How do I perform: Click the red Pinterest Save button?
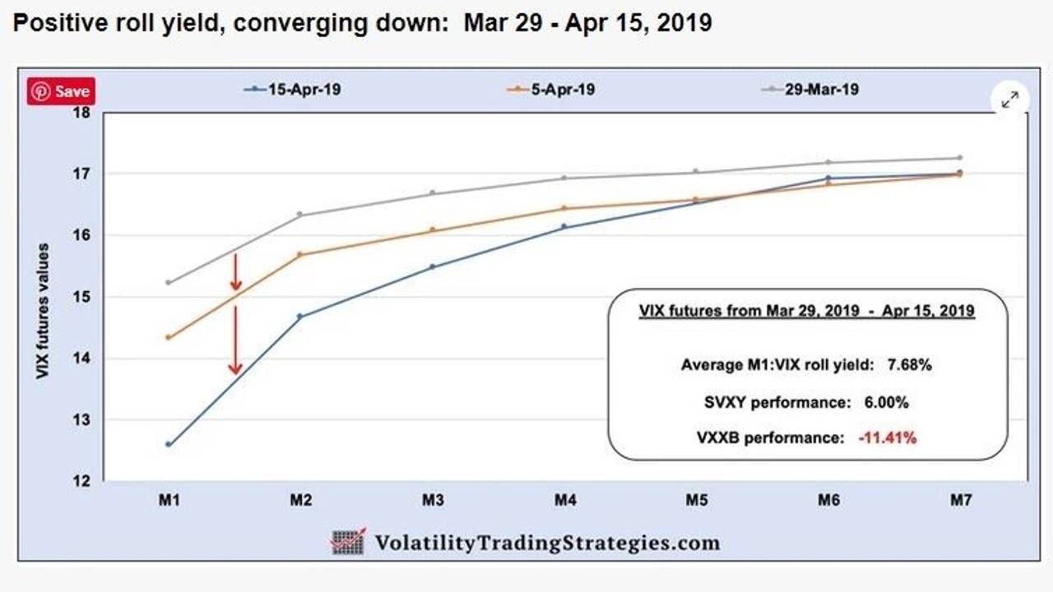click(61, 91)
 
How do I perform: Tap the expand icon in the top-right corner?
click(1009, 99)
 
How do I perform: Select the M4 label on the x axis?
click(564, 500)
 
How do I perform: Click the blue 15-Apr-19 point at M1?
click(169, 444)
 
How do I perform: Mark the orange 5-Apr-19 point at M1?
click(169, 337)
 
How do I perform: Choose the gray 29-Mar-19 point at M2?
click(299, 215)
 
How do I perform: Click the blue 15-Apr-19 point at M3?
click(432, 266)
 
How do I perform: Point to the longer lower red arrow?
click(235, 340)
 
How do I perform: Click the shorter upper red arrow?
click(235, 272)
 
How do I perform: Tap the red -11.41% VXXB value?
click(887, 438)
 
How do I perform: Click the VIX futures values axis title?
click(44, 311)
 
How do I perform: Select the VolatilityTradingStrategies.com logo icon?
click(348, 542)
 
